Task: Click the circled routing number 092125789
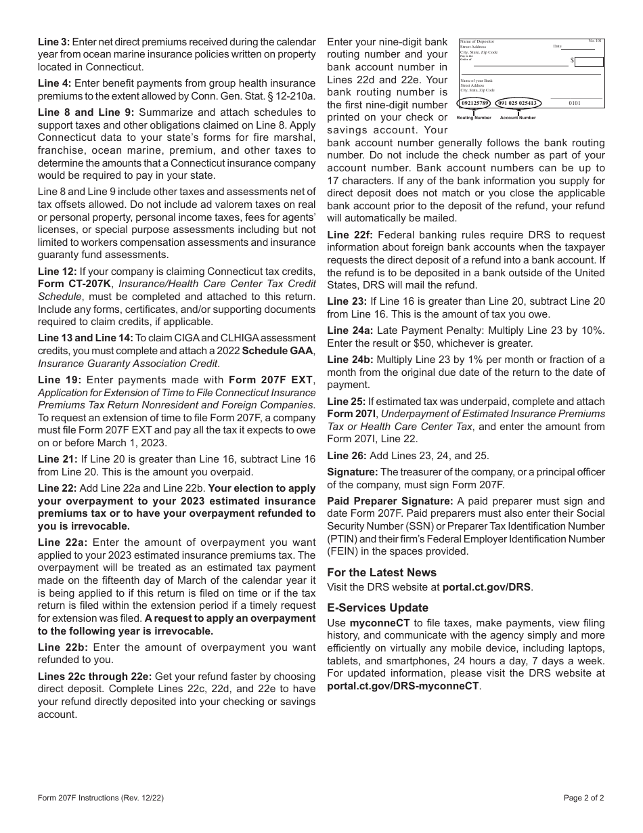coord(474,103)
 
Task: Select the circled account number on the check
coord(518,103)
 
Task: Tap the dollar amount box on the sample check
coord(588,62)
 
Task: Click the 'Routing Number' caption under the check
coord(474,118)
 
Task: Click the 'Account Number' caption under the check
coord(518,118)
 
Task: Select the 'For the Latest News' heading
coord(382,572)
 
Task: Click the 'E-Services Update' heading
coord(378,607)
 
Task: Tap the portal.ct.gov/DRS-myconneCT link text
coord(403,685)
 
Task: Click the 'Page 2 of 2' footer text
coord(583,798)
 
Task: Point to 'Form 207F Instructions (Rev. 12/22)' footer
coord(101,798)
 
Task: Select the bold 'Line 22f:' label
coord(348,235)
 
